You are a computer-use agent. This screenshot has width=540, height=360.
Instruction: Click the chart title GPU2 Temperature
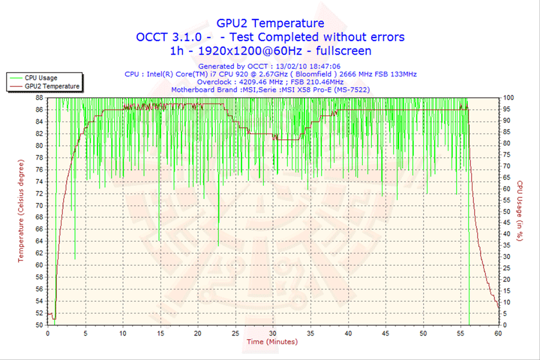pyautogui.click(x=270, y=23)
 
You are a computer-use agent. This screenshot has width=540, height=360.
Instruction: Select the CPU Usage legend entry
pyautogui.click(x=40, y=77)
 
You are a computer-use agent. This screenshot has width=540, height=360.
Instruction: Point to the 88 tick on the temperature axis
pyautogui.click(x=38, y=97)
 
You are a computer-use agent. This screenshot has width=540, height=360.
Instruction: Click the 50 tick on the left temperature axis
pyautogui.click(x=38, y=325)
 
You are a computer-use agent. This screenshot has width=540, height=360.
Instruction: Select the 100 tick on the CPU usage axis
pyautogui.click(x=508, y=97)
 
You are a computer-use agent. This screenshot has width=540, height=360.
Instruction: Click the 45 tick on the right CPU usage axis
pyautogui.click(x=507, y=223)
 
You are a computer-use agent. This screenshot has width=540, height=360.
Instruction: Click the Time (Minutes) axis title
pyautogui.click(x=273, y=342)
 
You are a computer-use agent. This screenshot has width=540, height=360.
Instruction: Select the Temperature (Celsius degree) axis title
pyautogui.click(x=22, y=211)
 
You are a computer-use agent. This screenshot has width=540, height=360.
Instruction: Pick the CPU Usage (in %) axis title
pyautogui.click(x=519, y=211)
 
